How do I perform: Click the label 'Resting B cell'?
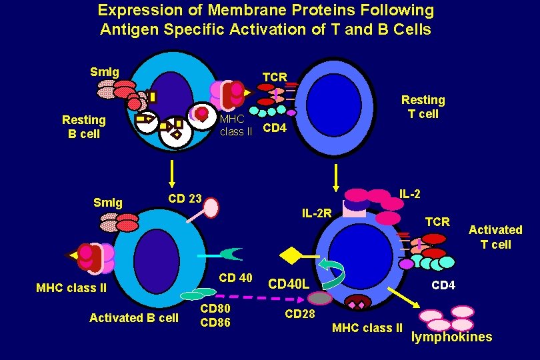pos(83,126)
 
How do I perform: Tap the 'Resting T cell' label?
pos(423,107)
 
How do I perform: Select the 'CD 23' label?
pos(185,198)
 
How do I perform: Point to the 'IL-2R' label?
pos(317,214)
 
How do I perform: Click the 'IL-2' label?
pos(409,193)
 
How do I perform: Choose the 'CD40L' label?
pos(288,285)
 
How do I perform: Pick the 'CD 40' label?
pos(235,278)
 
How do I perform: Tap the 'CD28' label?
pos(299,313)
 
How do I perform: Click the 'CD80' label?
pos(215,309)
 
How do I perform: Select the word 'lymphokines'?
pos(451,337)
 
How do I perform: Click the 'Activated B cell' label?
pos(134,317)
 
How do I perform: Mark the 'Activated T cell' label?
pos(495,237)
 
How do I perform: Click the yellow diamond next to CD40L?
pos(291,255)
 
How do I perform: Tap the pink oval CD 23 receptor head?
pos(211,208)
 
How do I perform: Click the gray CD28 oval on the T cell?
pos(319,298)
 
